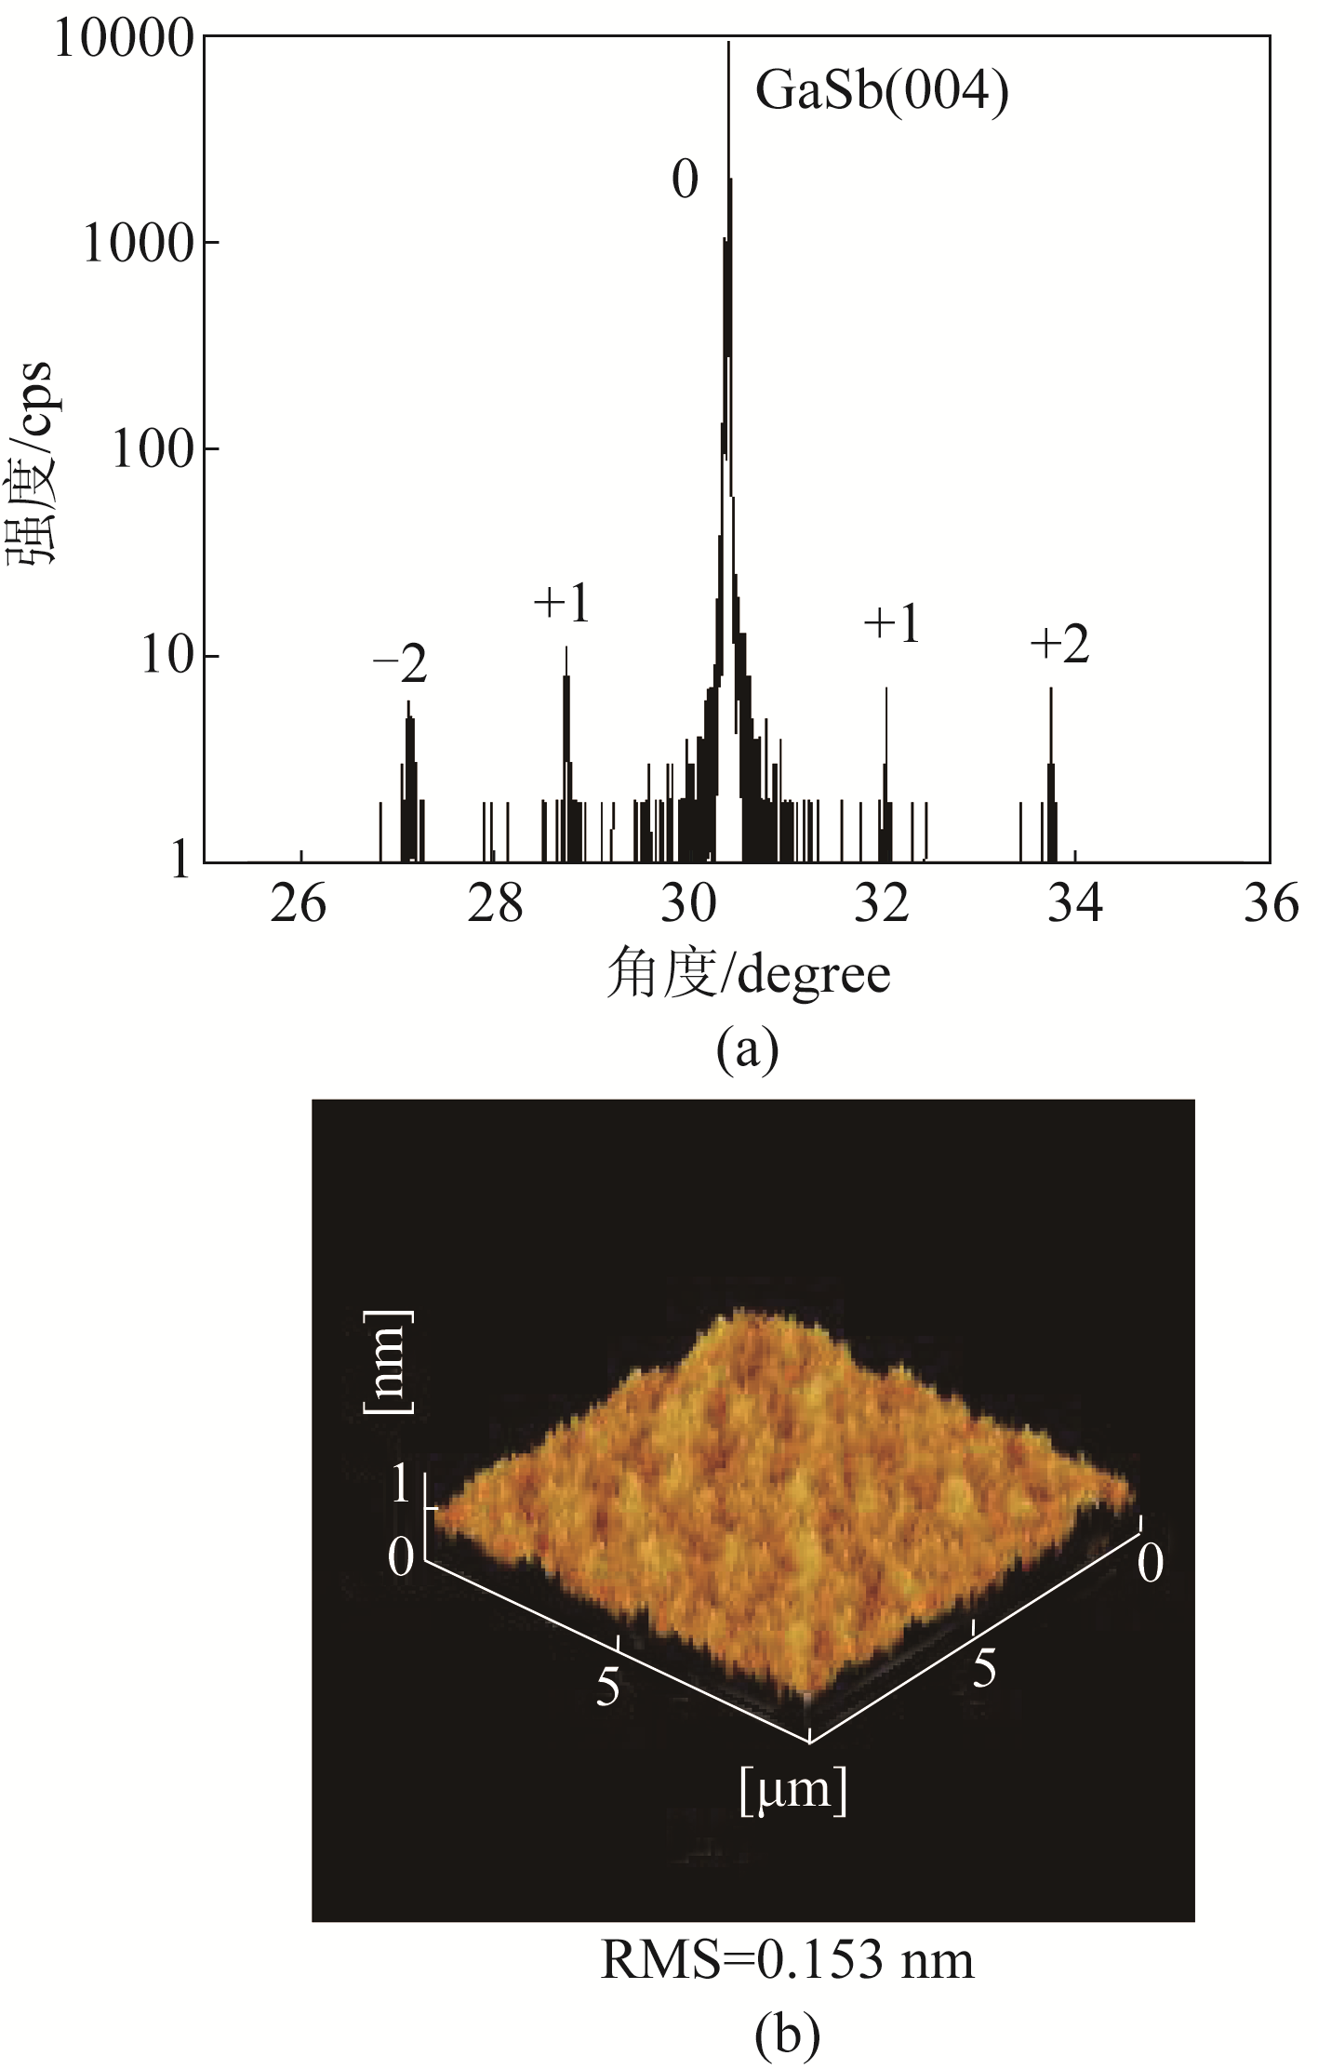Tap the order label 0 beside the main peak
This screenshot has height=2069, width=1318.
(685, 180)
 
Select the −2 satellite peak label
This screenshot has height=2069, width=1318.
(401, 665)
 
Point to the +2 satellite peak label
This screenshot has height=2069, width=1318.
(1059, 644)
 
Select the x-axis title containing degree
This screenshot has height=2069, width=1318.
(748, 975)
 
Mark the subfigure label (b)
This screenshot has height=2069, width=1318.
(787, 2034)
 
